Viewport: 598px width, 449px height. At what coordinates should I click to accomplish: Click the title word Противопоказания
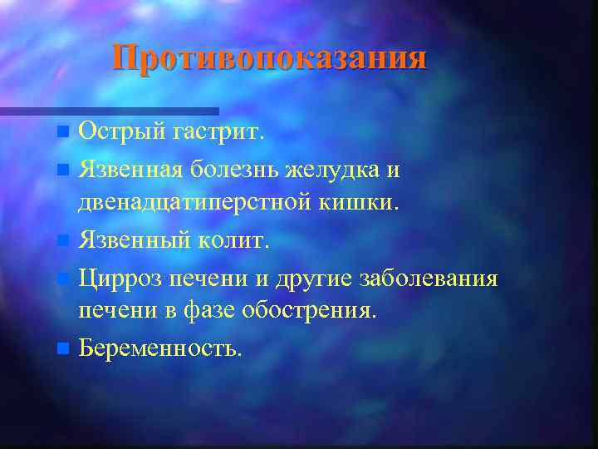pyautogui.click(x=270, y=58)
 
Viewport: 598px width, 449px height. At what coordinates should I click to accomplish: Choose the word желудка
pyautogui.click(x=331, y=170)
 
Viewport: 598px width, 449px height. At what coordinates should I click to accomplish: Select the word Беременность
pyautogui.click(x=159, y=348)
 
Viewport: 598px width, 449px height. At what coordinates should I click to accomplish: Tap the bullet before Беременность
pyautogui.click(x=63, y=348)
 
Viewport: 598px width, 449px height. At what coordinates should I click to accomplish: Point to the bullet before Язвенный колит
pyautogui.click(x=63, y=242)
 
